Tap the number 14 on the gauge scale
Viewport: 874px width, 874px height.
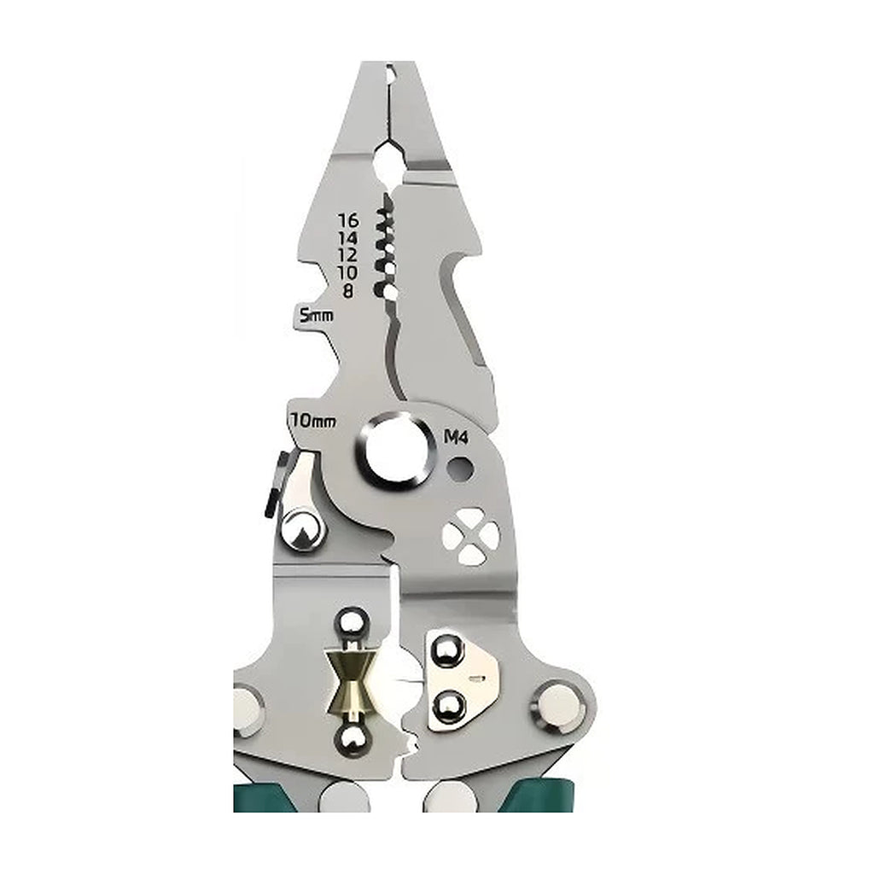point(349,237)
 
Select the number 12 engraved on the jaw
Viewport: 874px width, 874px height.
point(348,254)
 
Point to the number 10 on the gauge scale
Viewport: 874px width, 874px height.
point(348,272)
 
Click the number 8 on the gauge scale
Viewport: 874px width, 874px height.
point(348,290)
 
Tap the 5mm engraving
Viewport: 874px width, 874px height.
point(316,316)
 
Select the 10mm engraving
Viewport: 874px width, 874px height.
point(312,420)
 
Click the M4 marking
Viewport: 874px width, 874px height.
point(456,438)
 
